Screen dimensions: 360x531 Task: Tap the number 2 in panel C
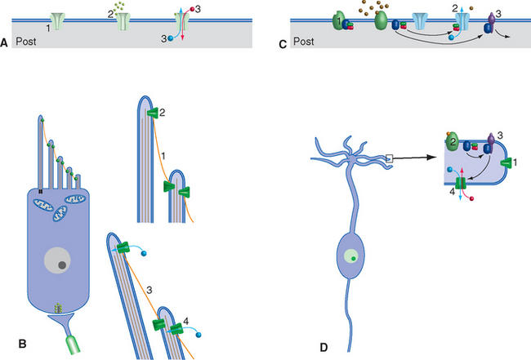coord(477,7)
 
